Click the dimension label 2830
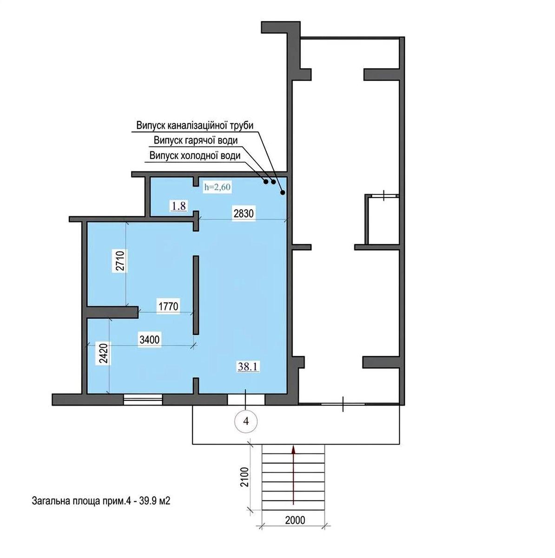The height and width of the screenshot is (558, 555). [243, 214]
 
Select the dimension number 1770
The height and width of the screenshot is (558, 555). [168, 306]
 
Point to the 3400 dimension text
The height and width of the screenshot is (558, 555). [149, 339]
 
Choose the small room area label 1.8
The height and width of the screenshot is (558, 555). [178, 206]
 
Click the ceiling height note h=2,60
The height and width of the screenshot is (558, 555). [218, 187]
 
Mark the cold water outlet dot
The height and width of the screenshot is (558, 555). [265, 181]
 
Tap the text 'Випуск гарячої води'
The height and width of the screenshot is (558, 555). [196, 141]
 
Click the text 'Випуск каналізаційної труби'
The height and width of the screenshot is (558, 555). [195, 126]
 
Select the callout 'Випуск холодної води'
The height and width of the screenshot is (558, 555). [195, 156]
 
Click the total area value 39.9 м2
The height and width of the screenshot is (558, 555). [155, 501]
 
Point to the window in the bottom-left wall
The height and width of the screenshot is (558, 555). [143, 399]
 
